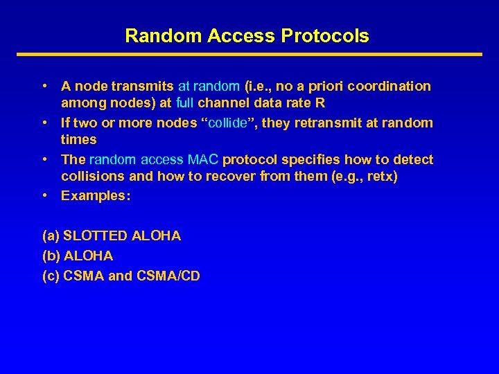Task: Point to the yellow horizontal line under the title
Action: [249, 54]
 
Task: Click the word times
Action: [79, 140]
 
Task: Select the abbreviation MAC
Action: [204, 160]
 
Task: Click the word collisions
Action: [91, 177]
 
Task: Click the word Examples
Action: [96, 195]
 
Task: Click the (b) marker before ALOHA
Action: [51, 256]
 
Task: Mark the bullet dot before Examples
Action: [44, 195]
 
